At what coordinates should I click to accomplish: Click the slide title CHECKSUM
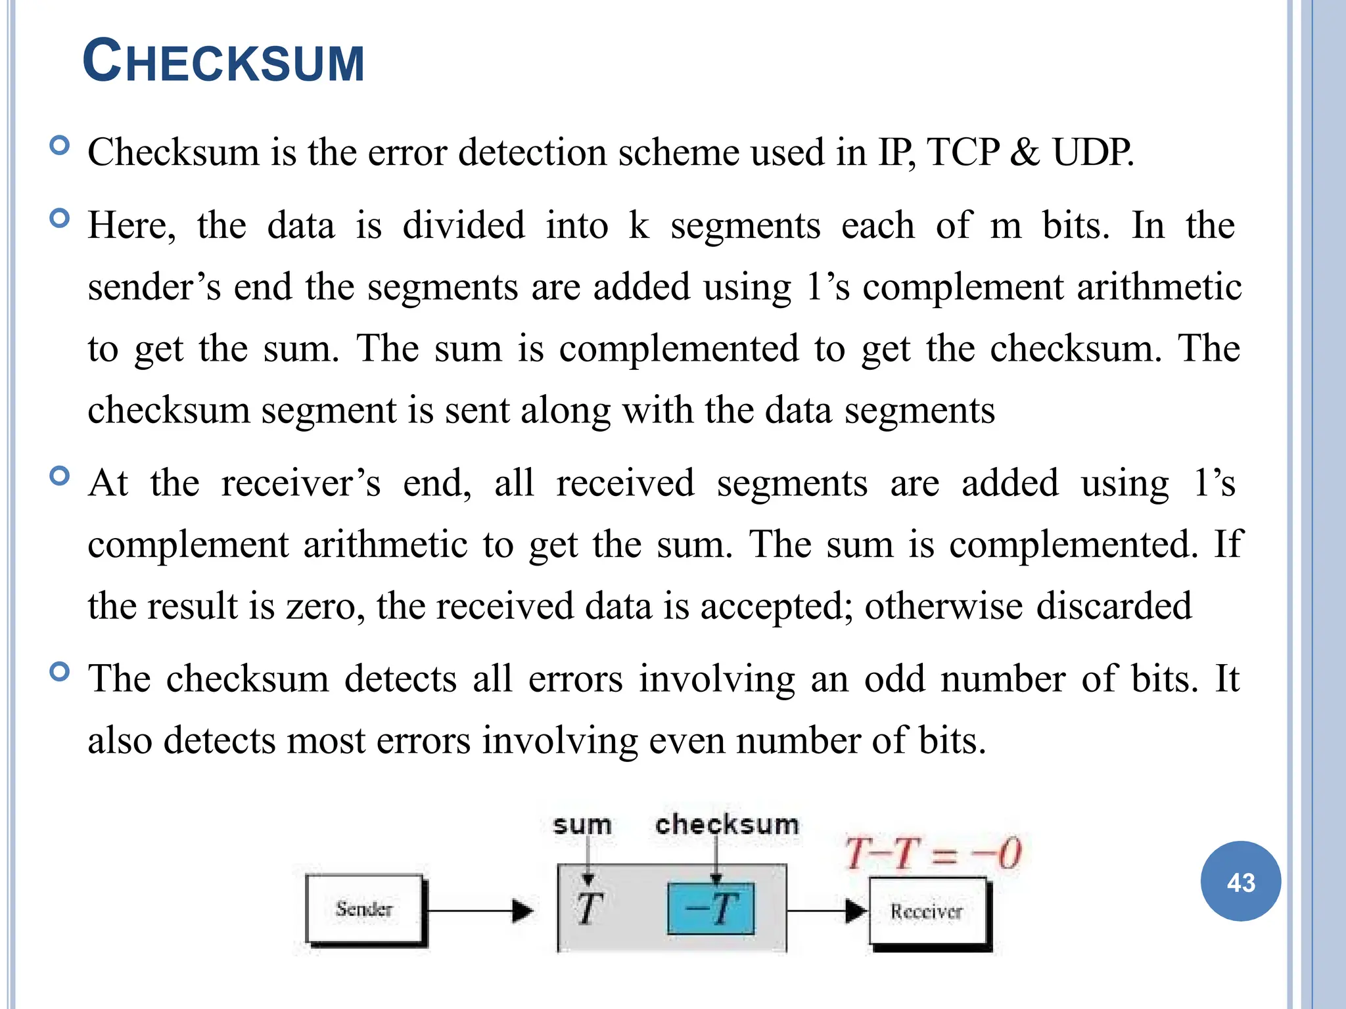223,62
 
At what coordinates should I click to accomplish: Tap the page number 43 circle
1240,882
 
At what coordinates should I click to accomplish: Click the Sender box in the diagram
365,909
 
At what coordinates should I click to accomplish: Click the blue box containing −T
711,909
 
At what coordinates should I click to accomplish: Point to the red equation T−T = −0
933,853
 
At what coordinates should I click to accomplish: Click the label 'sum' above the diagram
582,825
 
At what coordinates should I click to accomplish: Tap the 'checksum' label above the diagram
727,824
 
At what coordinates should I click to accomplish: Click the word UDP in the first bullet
1092,152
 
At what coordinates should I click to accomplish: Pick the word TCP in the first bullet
963,152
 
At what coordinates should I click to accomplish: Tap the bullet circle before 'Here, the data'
59,217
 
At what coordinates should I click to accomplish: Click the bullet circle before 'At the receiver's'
59,475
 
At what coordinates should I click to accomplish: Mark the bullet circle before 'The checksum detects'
59,671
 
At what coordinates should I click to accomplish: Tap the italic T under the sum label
589,909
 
